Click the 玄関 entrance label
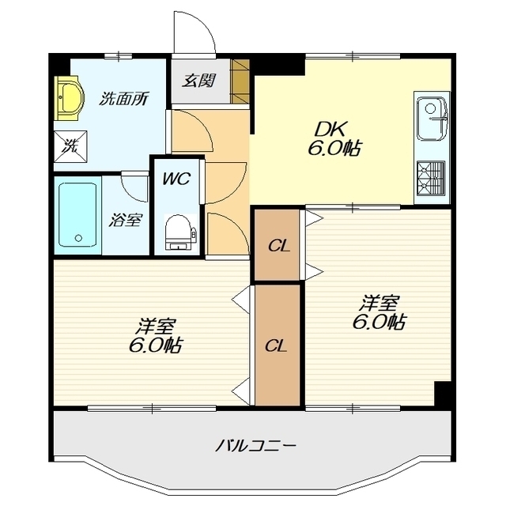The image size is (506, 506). pyautogui.click(x=198, y=81)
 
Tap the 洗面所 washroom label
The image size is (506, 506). pyautogui.click(x=124, y=98)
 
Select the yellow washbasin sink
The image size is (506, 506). pyautogui.click(x=69, y=98)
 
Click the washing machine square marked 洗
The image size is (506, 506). pyautogui.click(x=70, y=146)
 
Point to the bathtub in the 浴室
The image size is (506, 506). pyautogui.click(x=77, y=215)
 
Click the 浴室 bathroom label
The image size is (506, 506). pyautogui.click(x=125, y=220)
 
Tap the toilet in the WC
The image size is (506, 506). pyautogui.click(x=178, y=232)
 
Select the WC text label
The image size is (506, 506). pyautogui.click(x=177, y=179)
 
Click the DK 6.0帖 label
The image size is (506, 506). pyautogui.click(x=334, y=138)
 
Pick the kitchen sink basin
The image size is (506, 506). pyautogui.click(x=431, y=119)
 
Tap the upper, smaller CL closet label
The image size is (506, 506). pyautogui.click(x=279, y=247)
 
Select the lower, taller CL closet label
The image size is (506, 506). pyautogui.click(x=276, y=346)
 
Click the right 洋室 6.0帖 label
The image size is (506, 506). pyautogui.click(x=379, y=312)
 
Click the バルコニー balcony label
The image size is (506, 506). pyautogui.click(x=255, y=447)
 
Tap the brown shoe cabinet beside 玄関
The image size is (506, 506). pyautogui.click(x=240, y=81)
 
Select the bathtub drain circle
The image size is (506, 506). pyautogui.click(x=78, y=238)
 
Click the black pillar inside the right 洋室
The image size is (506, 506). pyautogui.click(x=442, y=394)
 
